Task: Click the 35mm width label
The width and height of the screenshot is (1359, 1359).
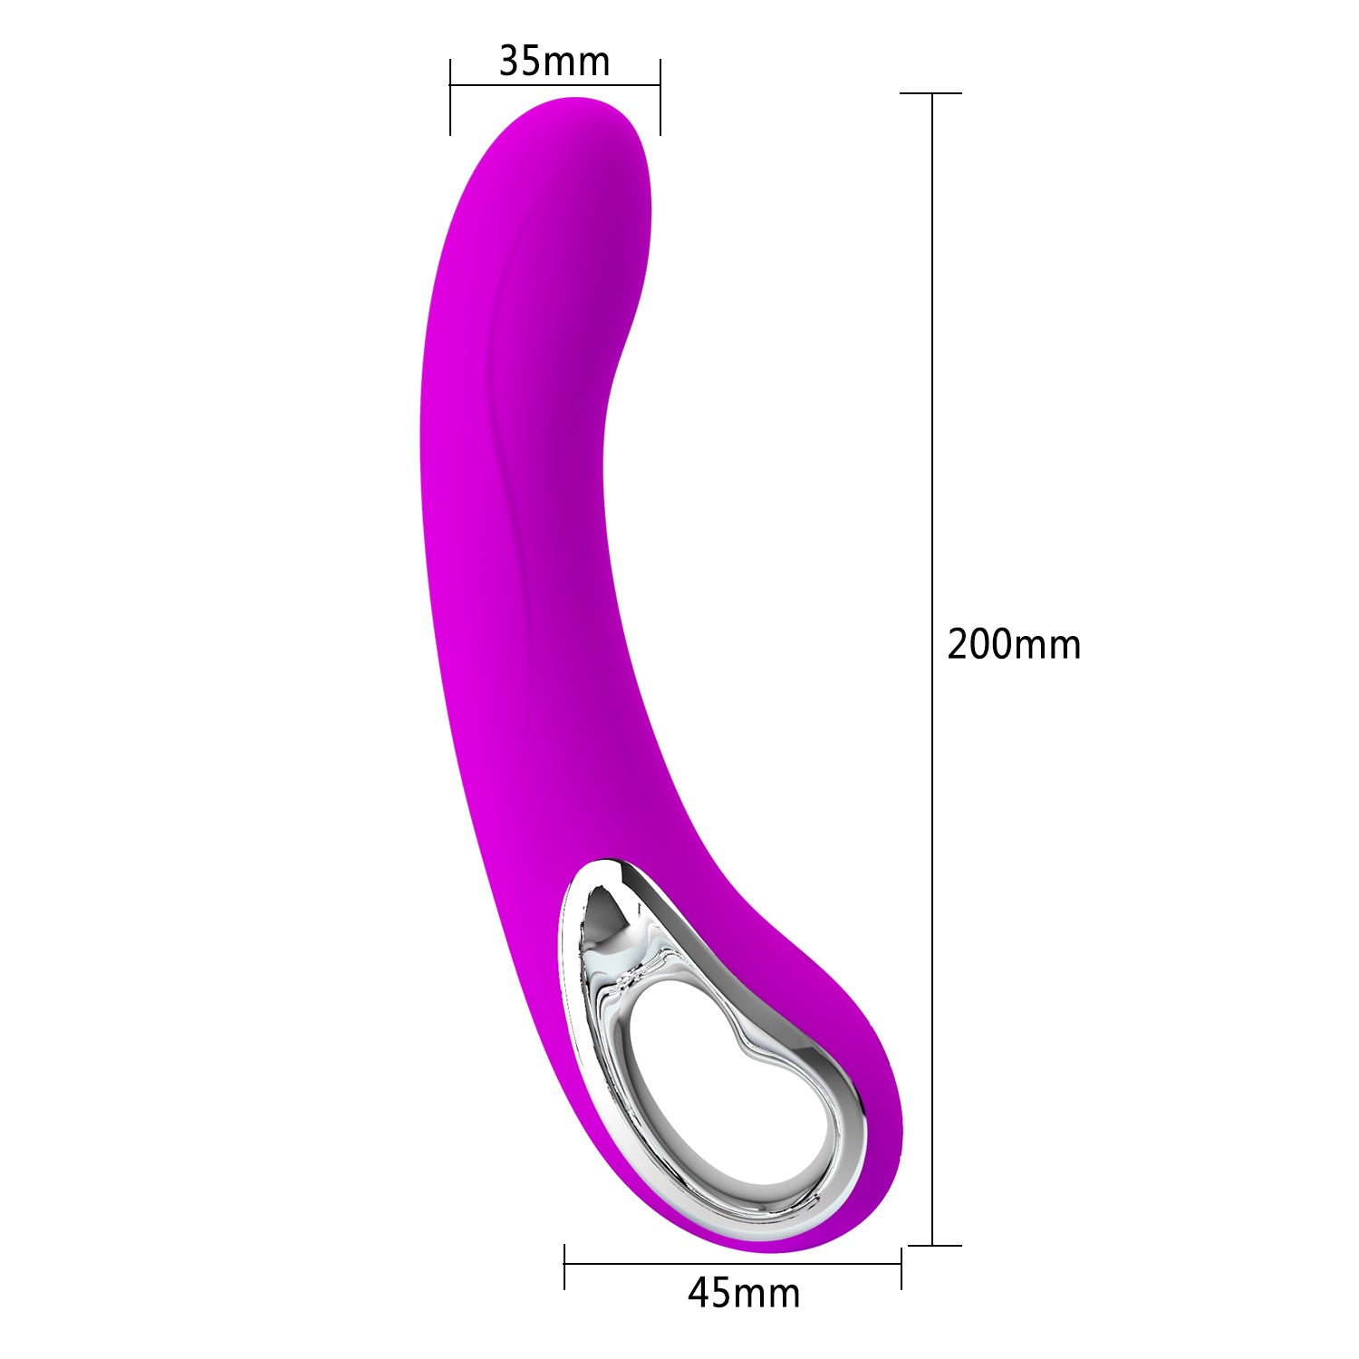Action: coord(554,62)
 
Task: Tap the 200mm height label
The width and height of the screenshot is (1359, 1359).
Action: coord(1014,644)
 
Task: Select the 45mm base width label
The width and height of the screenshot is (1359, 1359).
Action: coord(744,1293)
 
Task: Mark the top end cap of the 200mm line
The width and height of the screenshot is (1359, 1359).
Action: coord(931,93)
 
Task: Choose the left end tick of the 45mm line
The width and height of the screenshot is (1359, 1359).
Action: coord(564,1266)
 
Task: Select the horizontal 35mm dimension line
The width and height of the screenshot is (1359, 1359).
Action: coord(554,86)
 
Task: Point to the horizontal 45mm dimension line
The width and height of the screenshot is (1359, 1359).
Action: coord(734,1264)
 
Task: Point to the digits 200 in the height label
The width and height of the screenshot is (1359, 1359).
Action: coord(978,644)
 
